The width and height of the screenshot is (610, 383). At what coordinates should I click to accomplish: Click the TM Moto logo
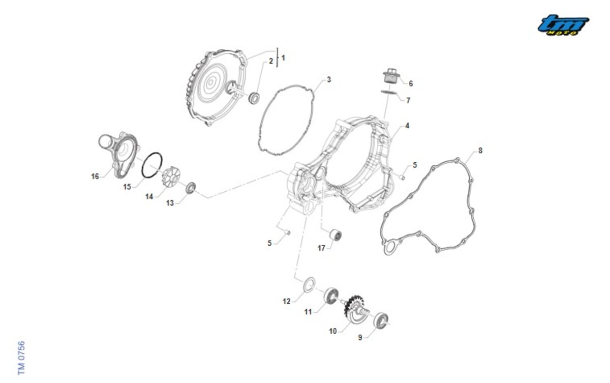pos(563,25)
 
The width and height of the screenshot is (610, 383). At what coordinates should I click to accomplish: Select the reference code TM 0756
pos(21,358)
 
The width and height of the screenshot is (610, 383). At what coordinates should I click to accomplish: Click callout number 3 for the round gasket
pos(329,79)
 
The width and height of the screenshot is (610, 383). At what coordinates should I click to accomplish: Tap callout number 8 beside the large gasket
pos(480,151)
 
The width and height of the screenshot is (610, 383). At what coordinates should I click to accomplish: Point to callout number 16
pos(95,176)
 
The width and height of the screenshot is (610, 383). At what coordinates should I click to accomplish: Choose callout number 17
pos(321,248)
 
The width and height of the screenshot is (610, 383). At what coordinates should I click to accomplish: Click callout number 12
pos(287,301)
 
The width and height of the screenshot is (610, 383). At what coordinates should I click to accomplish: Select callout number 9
pos(360,338)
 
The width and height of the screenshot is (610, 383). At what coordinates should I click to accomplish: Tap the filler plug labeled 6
pos(390,76)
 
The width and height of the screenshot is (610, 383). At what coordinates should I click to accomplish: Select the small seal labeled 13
pos(191,188)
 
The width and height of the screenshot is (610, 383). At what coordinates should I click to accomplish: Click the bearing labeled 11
pos(331,296)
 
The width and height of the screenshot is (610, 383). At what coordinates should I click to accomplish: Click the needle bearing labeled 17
pos(336,234)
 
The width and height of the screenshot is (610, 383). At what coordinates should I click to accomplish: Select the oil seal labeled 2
pos(254,98)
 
